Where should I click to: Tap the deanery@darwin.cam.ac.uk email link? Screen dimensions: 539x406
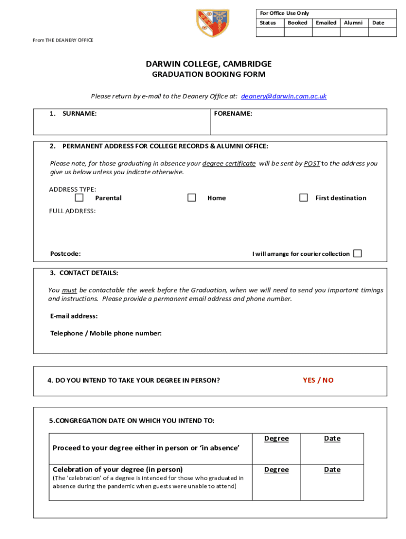(284, 96)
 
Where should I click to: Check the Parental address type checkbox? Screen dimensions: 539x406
(79, 198)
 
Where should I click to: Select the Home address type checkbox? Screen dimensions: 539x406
(192, 198)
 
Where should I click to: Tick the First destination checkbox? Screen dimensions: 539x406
(303, 198)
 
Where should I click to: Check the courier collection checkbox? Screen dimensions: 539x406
(357, 254)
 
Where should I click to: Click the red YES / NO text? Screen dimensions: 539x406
(318, 380)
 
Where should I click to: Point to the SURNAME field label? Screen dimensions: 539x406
(79, 113)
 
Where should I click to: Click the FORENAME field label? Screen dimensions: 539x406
(233, 113)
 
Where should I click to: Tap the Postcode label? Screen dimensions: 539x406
(65, 254)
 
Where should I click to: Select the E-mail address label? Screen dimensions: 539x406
(74, 316)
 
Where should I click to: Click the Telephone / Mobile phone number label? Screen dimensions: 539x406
(105, 333)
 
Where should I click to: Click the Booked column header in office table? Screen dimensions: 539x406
(297, 23)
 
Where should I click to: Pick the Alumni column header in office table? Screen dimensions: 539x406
(353, 23)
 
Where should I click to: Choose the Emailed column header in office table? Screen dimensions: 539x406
(326, 23)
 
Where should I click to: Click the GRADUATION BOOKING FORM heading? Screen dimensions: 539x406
(209, 75)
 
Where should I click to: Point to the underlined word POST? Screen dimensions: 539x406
(312, 164)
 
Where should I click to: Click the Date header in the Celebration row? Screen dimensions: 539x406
(332, 470)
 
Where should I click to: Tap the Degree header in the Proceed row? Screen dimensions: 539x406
(276, 438)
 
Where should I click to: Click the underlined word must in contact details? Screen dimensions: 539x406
(69, 291)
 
